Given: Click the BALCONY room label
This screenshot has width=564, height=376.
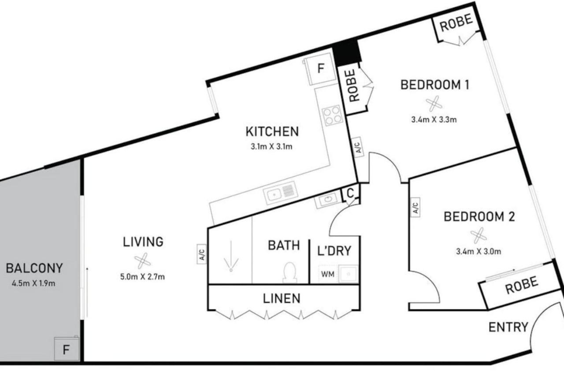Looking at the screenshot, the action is [x=34, y=268].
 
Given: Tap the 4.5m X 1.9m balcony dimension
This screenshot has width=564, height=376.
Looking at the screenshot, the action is [x=33, y=283].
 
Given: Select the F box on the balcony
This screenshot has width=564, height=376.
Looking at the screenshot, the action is [x=67, y=349].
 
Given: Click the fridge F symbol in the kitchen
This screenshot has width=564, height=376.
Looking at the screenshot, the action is [x=320, y=68].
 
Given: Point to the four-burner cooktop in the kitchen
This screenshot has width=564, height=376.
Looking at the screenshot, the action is [x=332, y=115].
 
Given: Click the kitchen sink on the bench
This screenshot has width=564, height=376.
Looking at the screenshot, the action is [x=280, y=193].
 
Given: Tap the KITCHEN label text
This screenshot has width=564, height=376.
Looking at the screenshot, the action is [x=272, y=132].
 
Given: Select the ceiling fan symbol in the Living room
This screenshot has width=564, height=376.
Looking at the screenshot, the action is [x=142, y=261].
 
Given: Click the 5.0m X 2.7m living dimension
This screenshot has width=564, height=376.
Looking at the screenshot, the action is [x=142, y=277].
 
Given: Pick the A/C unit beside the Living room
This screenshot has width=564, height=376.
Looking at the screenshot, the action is [x=202, y=254].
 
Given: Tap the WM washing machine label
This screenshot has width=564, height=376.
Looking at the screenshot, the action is [x=327, y=274].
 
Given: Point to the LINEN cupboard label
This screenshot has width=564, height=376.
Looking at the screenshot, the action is [x=282, y=299].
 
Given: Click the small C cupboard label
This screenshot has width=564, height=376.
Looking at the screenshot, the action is [x=350, y=194].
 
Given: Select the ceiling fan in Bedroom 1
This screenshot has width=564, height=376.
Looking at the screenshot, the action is [x=434, y=104].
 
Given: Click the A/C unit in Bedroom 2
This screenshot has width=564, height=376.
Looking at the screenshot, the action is [x=415, y=207].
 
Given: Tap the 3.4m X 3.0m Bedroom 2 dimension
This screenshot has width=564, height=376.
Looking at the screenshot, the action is [x=479, y=251].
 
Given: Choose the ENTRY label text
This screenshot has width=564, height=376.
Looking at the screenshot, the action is [x=508, y=328].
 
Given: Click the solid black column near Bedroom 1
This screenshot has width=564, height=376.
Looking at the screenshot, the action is [x=347, y=52].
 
